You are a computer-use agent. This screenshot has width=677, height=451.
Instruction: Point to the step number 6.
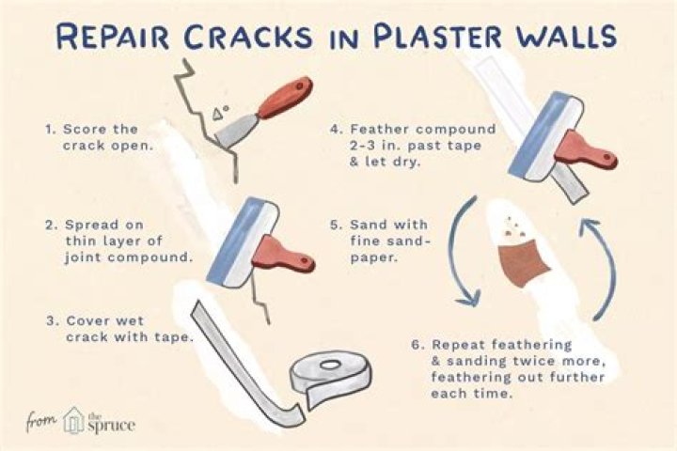(x=417, y=344)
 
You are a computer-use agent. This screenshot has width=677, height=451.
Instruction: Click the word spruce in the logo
(x=112, y=425)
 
